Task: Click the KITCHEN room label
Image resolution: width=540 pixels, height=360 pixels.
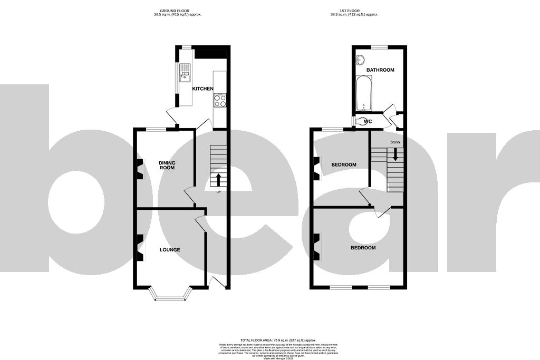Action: (202, 89)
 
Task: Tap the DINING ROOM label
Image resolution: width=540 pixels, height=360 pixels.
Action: (167, 165)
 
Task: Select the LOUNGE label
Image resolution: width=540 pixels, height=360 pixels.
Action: (170, 250)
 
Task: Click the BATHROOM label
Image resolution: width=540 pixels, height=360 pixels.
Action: (380, 70)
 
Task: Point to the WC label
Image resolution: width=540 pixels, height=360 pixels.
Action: (368, 122)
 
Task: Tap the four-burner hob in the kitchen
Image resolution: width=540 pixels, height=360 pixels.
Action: (220, 100)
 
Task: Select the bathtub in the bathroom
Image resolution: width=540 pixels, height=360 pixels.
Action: (364, 94)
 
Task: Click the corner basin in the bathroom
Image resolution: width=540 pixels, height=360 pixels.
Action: (361, 59)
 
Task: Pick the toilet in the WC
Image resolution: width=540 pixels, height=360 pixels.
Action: (359, 121)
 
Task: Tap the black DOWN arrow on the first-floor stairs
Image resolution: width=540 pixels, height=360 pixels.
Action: (395, 154)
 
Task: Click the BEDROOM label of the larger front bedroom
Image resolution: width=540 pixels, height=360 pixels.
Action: (363, 248)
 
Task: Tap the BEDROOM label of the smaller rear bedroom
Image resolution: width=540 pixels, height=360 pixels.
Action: (343, 165)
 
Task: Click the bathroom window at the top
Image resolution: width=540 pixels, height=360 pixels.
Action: (379, 47)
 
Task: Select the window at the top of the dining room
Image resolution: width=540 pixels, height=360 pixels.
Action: (156, 129)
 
